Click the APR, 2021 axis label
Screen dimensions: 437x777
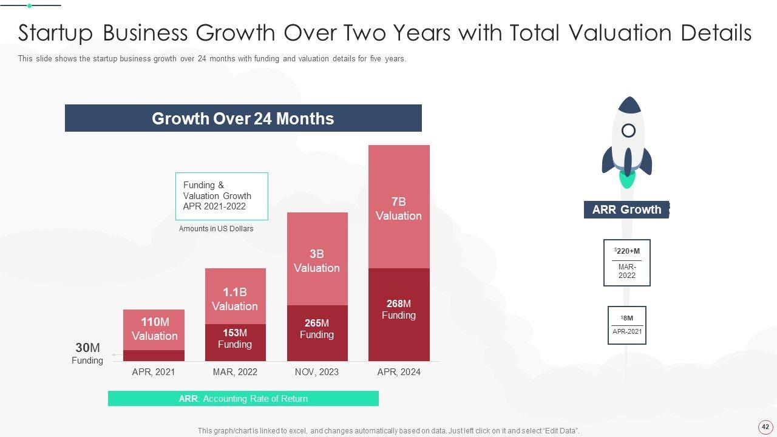(x=154, y=372)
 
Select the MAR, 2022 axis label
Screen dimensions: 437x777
(x=235, y=372)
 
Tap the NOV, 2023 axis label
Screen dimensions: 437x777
(x=317, y=372)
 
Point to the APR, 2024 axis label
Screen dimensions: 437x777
(x=399, y=372)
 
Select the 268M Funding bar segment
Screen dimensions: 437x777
(x=399, y=314)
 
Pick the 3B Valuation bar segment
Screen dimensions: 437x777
(x=317, y=260)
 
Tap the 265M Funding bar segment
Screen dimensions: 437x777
(x=317, y=333)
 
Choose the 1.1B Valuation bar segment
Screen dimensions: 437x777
(x=235, y=297)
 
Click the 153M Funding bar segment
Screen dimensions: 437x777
(x=235, y=342)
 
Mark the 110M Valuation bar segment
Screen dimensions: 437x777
(x=154, y=329)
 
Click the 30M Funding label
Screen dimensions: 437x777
(x=87, y=353)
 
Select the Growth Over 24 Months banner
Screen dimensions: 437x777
(x=243, y=118)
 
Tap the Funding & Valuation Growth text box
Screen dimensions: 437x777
(x=222, y=196)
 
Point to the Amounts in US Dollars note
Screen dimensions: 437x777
(x=216, y=229)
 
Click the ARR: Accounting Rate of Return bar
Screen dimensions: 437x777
(x=243, y=399)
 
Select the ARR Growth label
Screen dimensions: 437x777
(x=626, y=209)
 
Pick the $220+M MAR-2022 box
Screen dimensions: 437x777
(x=627, y=263)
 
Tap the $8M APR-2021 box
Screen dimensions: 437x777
(x=627, y=325)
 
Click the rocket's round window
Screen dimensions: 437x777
(x=629, y=130)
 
